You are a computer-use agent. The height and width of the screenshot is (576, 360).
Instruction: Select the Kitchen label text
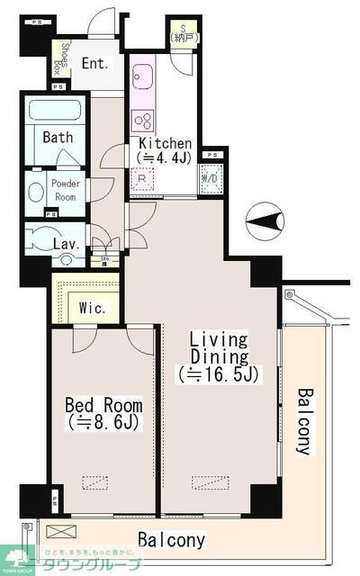pos(164,144)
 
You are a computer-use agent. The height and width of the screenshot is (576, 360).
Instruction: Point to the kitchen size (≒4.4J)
pos(164,158)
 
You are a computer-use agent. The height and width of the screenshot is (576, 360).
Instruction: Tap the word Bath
pos(58,137)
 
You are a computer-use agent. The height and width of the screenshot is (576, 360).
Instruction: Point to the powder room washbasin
pos(36,191)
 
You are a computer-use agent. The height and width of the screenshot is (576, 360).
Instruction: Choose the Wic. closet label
pos(94,308)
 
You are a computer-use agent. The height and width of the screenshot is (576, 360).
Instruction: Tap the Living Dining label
pos(218,348)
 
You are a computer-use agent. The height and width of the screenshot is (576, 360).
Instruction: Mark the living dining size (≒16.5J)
pos(219,373)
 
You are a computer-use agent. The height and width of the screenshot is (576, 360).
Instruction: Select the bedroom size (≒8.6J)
pos(100,419)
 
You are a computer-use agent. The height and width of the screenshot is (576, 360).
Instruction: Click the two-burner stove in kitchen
pos(143,120)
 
